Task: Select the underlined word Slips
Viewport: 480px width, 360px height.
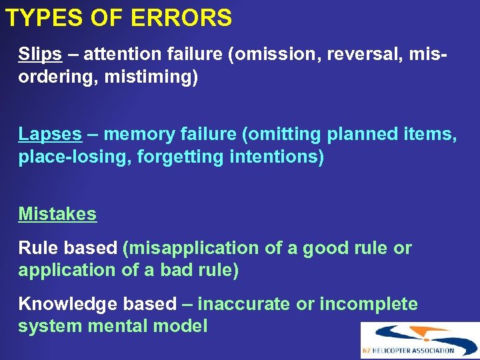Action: coord(39,53)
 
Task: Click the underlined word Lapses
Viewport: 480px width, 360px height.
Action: coord(50,134)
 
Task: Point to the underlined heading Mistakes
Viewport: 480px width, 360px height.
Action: coord(57,214)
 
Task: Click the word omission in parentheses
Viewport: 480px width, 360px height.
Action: coord(266,53)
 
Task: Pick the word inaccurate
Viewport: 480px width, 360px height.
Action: coord(245,304)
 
